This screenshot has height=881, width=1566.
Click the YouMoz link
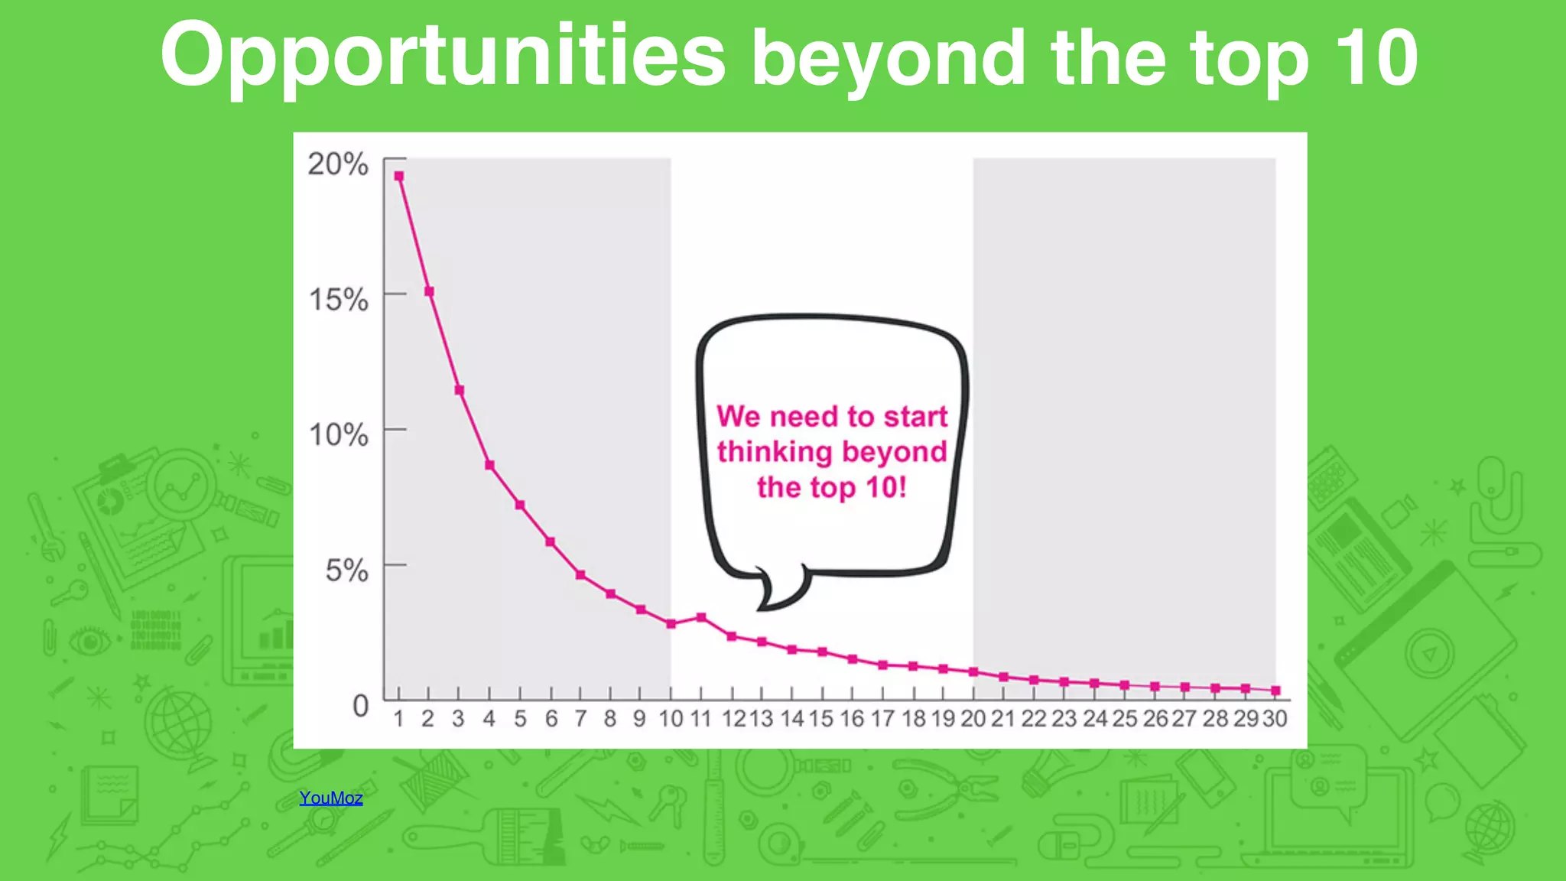(330, 798)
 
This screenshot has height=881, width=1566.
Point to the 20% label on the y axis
(338, 164)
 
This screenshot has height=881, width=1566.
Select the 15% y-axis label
(338, 299)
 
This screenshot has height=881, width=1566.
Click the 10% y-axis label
(338, 434)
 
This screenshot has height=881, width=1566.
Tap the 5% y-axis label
(346, 570)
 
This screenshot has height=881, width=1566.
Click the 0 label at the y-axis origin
(360, 705)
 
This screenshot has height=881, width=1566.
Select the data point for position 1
(398, 176)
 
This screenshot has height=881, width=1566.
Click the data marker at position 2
(429, 291)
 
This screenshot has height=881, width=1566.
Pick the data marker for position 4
(489, 465)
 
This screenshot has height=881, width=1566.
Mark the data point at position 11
(701, 617)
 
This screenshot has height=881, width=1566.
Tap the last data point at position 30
(1275, 691)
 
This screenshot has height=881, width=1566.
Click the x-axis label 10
(671, 719)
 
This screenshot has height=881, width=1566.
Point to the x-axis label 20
(973, 719)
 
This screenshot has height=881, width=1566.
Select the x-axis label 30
(1275, 719)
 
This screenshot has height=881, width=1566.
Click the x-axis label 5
(520, 719)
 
